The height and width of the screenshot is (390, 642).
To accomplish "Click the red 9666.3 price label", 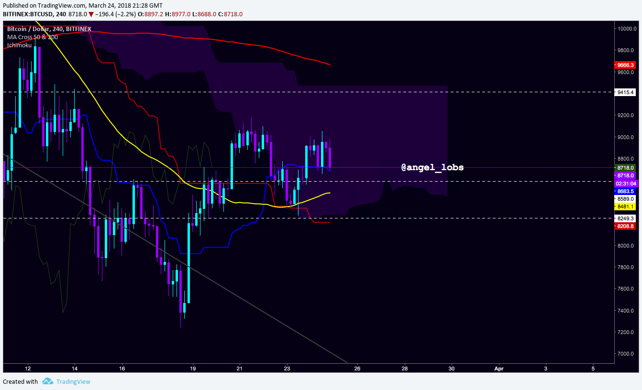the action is click(x=625, y=65).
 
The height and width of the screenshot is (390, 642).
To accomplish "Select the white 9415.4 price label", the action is click(x=625, y=92).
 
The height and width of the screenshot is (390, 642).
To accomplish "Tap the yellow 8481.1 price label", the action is click(x=625, y=206).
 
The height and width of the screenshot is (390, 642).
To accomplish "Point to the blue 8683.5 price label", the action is click(x=625, y=191).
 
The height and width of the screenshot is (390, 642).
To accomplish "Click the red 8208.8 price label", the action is click(x=625, y=226).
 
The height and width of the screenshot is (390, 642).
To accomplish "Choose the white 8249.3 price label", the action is click(x=625, y=218).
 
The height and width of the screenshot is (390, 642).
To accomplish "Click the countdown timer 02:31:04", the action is click(x=626, y=184).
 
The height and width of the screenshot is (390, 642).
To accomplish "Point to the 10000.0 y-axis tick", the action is click(x=627, y=29).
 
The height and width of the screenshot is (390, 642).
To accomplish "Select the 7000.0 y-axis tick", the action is click(x=627, y=354).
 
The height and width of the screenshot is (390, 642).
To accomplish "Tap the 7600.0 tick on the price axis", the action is click(x=627, y=289).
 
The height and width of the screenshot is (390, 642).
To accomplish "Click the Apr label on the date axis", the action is click(x=499, y=369).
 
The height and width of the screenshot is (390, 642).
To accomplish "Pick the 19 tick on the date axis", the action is click(x=193, y=368).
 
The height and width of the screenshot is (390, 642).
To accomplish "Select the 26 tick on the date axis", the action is click(x=357, y=368).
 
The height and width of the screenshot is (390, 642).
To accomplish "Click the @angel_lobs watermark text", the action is click(x=432, y=167).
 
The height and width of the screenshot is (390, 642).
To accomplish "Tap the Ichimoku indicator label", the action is click(x=19, y=45).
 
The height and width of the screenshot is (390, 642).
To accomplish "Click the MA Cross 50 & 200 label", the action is click(x=33, y=37).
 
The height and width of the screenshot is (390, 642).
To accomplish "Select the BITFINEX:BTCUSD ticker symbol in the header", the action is click(x=28, y=14).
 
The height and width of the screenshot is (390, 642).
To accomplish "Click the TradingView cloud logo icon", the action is click(x=47, y=381).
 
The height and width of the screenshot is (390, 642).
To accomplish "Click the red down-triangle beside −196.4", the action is click(x=91, y=14).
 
